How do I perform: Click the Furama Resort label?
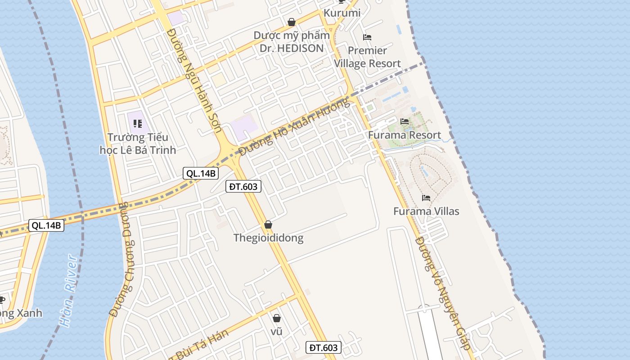pos(404,135)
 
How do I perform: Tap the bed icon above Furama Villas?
pos(426,198)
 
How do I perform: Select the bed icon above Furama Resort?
pos(404,121)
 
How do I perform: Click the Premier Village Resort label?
pos(367,57)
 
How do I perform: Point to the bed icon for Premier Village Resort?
pos(367,37)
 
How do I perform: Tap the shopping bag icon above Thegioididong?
pos(268,225)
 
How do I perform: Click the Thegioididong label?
pos(268,238)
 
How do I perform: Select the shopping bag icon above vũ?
pos(277,318)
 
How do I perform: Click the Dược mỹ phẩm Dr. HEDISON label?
pos(291,42)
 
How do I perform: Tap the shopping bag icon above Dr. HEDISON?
pos(292,22)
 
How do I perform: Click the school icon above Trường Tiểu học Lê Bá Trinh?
pos(138,123)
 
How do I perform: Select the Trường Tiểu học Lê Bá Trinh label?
pos(138,144)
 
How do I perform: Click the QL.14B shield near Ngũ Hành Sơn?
pos(201,173)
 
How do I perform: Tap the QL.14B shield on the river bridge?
pos(46,225)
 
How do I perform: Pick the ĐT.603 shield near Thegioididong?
pos(243,186)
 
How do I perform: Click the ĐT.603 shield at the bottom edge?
pos(324,347)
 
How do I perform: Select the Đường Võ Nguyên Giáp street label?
pos(443,293)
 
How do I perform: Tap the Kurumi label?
pos(342,13)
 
